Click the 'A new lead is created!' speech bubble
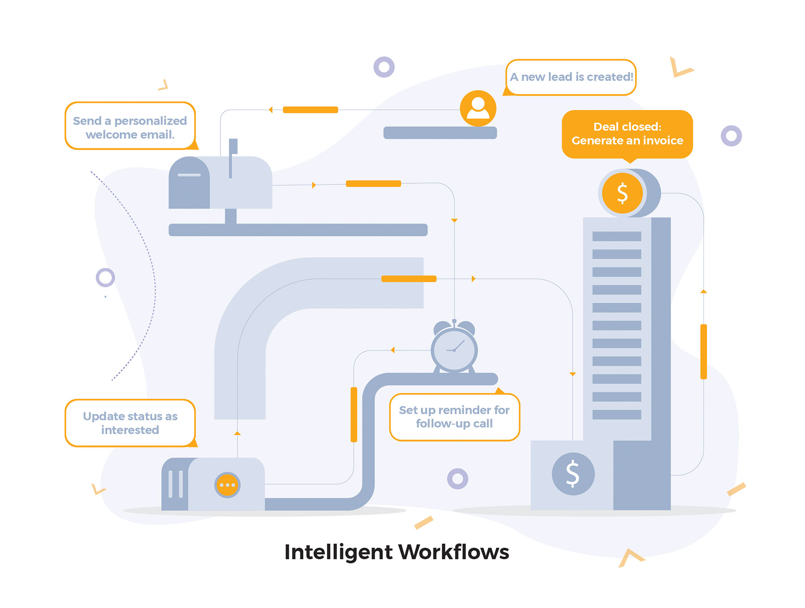point(571,77)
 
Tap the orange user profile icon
point(478,108)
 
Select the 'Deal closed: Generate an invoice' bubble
point(627,134)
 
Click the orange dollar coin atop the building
point(622,193)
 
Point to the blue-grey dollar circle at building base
point(573,474)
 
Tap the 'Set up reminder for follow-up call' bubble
point(454,417)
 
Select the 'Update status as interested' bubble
point(130,423)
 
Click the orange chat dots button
point(227,485)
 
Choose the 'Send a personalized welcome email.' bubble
point(130,127)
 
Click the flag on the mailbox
point(233,146)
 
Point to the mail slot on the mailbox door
point(189,175)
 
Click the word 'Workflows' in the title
point(453,552)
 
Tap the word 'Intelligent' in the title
point(338,553)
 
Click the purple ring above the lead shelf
point(384,67)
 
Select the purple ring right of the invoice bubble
point(731,135)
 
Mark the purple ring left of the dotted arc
point(106,278)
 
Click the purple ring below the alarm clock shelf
point(458,479)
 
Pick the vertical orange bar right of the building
point(703,352)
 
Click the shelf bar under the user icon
point(440,133)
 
